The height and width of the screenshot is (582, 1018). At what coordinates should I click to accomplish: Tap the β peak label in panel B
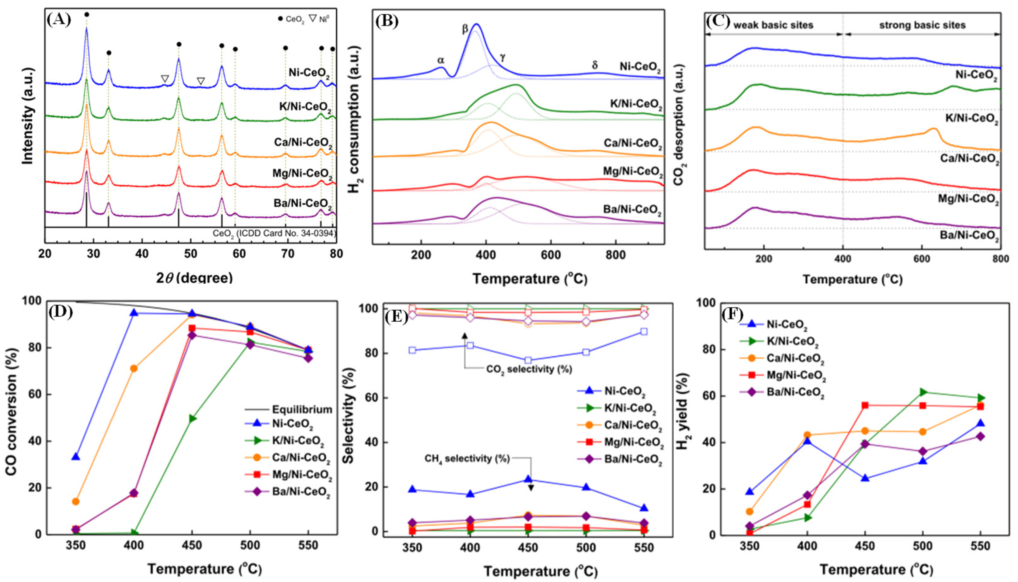465,29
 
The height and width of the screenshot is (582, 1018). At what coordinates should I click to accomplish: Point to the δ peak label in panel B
595,65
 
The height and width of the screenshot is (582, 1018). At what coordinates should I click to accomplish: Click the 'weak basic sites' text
773,26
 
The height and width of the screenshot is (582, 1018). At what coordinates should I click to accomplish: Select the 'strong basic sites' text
922,26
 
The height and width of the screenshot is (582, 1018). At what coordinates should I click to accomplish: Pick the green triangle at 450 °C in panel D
192,419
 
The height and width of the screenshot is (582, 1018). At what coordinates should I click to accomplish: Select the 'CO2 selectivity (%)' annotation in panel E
529,369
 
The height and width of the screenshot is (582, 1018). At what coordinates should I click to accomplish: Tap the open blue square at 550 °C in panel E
643,331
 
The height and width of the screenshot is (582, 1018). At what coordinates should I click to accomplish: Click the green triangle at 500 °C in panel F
923,392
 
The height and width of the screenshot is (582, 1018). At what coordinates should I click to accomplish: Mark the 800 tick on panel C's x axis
1000,259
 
